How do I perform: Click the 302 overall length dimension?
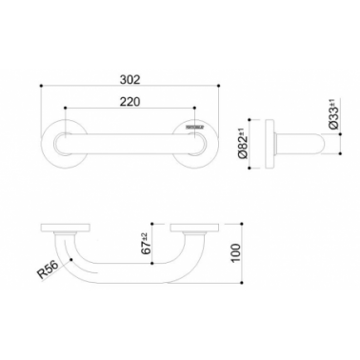coord(130,79)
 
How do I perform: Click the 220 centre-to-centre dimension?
coord(130,102)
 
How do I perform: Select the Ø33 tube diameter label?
coord(333,114)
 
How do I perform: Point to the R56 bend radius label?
coord(48,270)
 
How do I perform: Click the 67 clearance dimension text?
coord(145,244)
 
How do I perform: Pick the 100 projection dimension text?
coord(236,253)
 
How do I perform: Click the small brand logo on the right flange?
coord(195,127)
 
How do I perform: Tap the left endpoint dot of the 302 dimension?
coord(41,86)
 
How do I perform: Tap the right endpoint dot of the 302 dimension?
coord(218,86)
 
